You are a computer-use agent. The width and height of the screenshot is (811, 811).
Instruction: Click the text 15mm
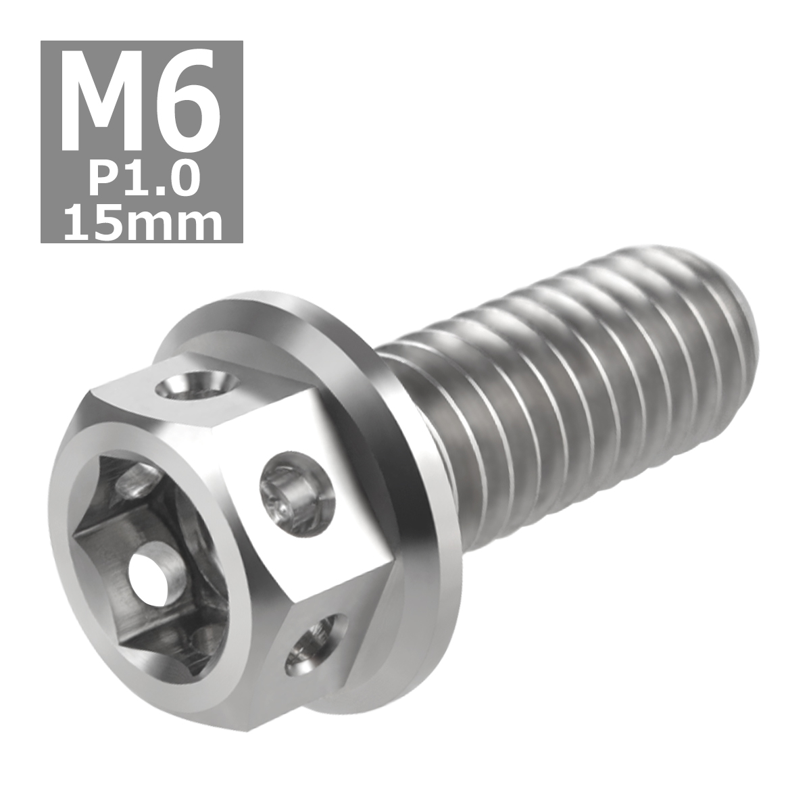142,223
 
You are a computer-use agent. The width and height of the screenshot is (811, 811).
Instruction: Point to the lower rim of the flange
378,683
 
